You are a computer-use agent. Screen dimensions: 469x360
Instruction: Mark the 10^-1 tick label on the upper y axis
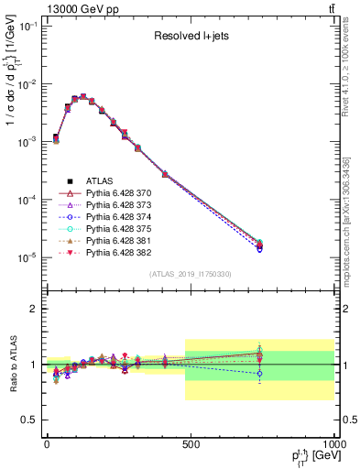[x=27, y=27]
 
